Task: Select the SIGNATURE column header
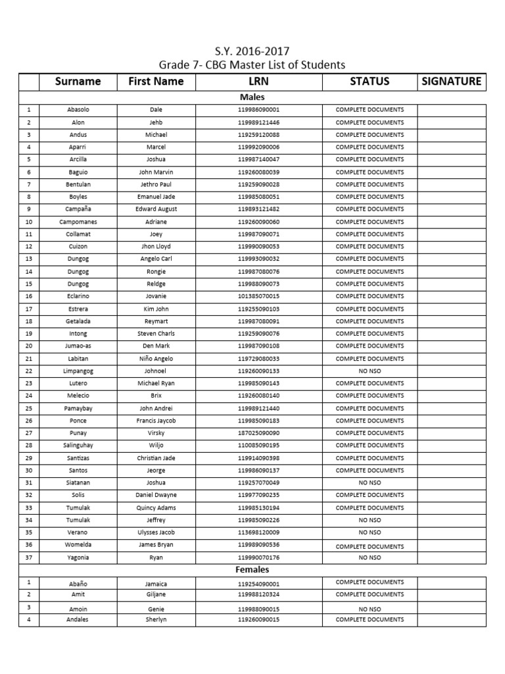pyautogui.click(x=451, y=82)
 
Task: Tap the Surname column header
pyautogui.click(x=78, y=82)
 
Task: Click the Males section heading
pyautogui.click(x=252, y=97)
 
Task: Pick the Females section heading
pyautogui.click(x=252, y=569)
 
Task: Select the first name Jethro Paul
pyautogui.click(x=156, y=184)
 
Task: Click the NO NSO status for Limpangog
pyautogui.click(x=370, y=371)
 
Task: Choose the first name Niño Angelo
pyautogui.click(x=156, y=359)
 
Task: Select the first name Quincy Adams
pyautogui.click(x=156, y=507)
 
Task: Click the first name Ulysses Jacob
pyautogui.click(x=156, y=532)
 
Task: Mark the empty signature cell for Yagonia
pyautogui.click(x=451, y=557)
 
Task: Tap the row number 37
pyautogui.click(x=28, y=557)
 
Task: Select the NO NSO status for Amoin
pyautogui.click(x=370, y=609)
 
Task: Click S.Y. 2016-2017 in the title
pyautogui.click(x=252, y=51)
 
